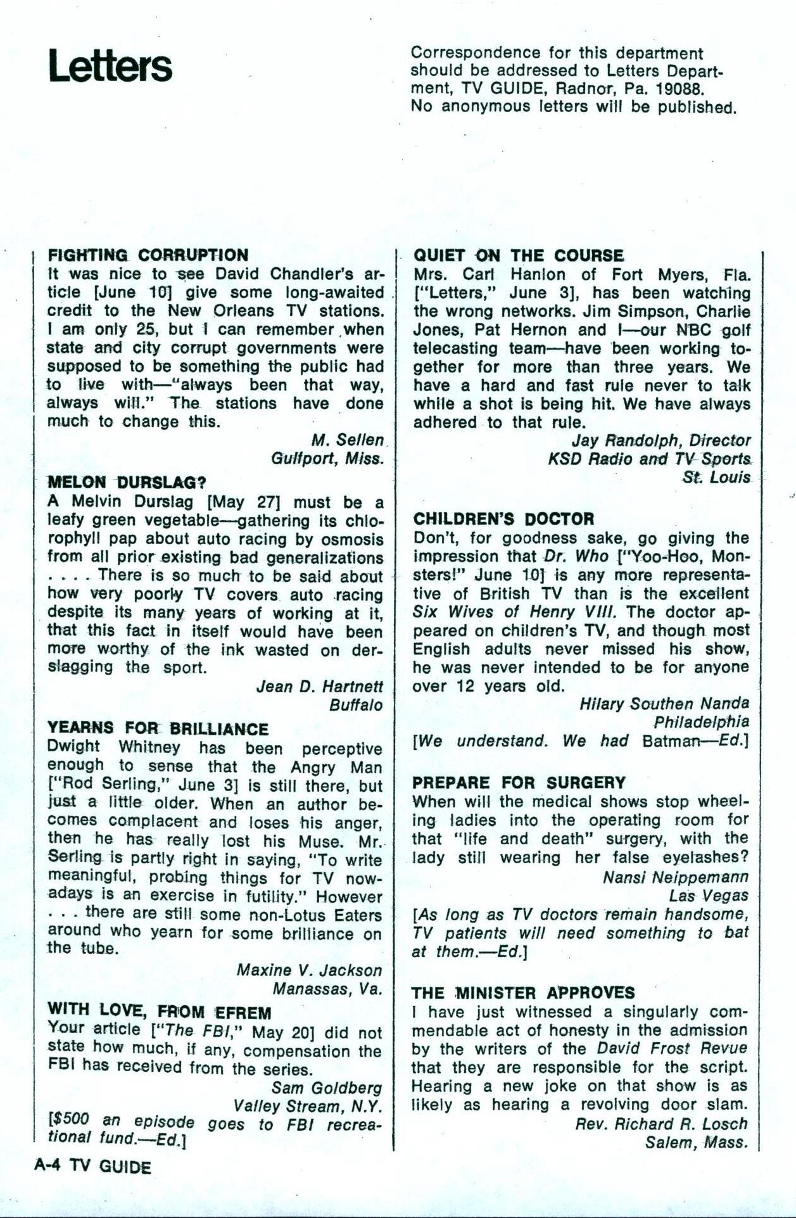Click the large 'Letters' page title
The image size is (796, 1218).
tap(110, 67)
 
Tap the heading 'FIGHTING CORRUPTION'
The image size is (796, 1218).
tap(148, 255)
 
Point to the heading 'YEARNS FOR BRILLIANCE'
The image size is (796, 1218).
tap(158, 728)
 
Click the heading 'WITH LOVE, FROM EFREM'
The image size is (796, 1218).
tap(160, 1012)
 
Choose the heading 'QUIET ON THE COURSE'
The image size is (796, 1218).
tap(518, 255)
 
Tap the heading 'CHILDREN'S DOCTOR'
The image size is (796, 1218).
tap(503, 519)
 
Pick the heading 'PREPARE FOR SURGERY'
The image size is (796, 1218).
tap(519, 782)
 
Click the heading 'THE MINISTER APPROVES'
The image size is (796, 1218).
tap(523, 993)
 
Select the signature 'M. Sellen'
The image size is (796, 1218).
tap(347, 440)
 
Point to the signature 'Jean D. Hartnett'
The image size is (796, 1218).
tap(320, 686)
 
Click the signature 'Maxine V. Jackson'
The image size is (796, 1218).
tap(310, 970)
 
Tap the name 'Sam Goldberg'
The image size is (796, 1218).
tap(327, 1088)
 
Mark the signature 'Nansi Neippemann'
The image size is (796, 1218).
tap(675, 877)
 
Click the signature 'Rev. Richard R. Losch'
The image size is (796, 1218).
tap(661, 1124)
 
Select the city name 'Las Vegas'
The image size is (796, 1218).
tap(709, 896)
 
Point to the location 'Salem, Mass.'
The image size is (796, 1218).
tap(697, 1143)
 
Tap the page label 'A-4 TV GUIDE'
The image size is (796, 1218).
tap(92, 1167)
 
